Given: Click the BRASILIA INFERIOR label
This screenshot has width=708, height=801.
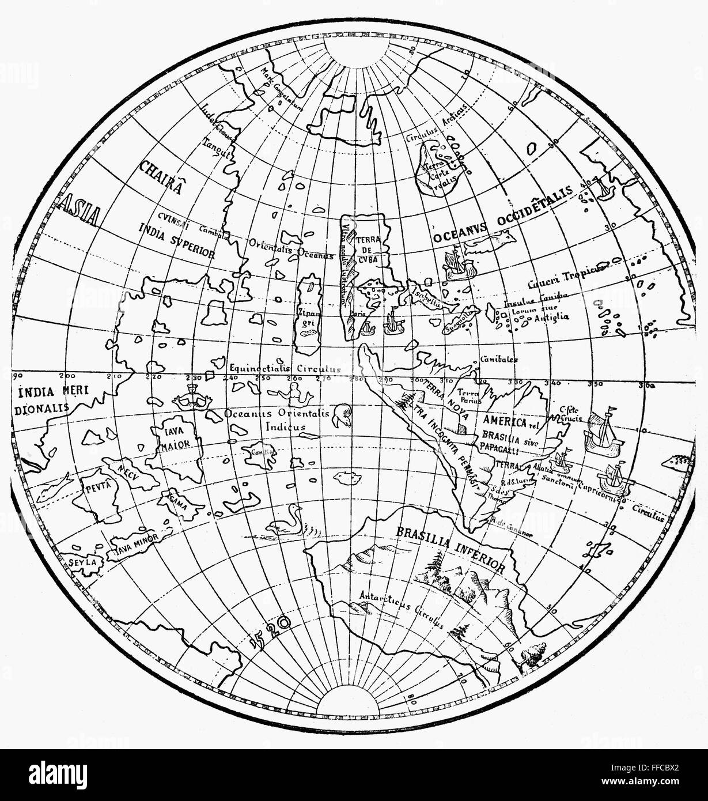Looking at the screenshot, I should pos(449,548).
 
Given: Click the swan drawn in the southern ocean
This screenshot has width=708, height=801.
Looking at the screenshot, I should pos(288,522).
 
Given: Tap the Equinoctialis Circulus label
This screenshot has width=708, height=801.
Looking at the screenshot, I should pos(285,368).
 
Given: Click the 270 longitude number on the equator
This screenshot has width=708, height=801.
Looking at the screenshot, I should pos(324,380).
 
